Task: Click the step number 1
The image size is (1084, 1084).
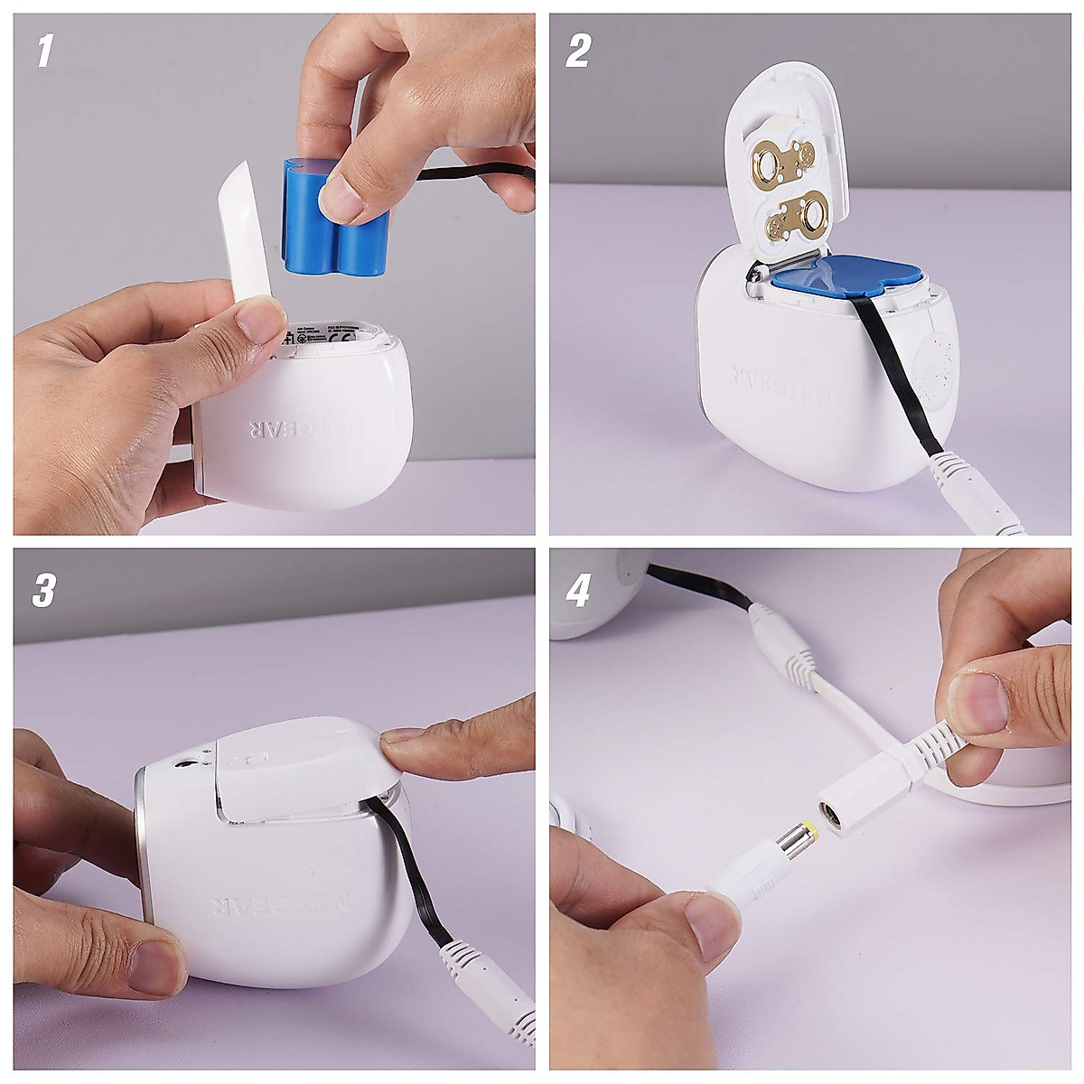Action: tap(43, 52)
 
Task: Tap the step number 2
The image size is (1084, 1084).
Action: tap(577, 51)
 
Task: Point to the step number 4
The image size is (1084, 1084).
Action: tap(578, 590)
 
